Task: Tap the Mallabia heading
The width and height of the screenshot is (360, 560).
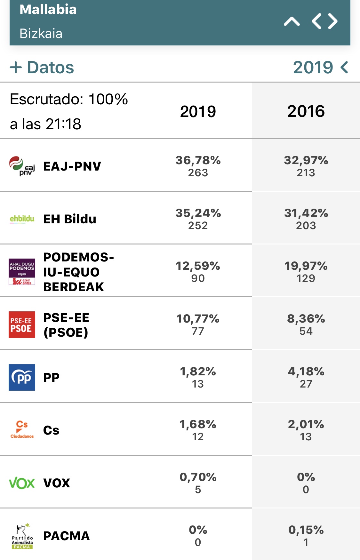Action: click(x=48, y=10)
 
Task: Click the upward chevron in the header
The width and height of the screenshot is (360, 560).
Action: click(x=292, y=22)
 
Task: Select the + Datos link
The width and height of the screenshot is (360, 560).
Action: click(x=42, y=68)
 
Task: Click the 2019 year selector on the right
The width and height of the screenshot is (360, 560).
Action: click(x=320, y=68)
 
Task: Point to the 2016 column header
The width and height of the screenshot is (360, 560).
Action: click(x=306, y=111)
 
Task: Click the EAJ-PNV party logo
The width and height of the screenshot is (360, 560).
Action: click(x=22, y=166)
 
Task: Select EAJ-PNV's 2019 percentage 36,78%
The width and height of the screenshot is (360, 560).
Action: click(x=198, y=160)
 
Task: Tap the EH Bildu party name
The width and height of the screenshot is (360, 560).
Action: click(x=70, y=219)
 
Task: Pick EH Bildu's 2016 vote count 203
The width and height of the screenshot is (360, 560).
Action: click(x=306, y=226)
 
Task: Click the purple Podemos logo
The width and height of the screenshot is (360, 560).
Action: click(x=22, y=272)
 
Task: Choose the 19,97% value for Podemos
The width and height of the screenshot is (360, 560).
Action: click(x=306, y=266)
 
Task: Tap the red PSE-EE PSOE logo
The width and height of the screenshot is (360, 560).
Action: click(x=22, y=324)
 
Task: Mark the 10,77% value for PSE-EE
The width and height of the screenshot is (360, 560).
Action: click(x=198, y=318)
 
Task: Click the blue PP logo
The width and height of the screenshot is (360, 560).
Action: click(x=22, y=377)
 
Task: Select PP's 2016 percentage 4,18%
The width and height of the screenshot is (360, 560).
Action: click(x=306, y=371)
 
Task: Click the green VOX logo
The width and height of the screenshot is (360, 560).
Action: click(x=22, y=483)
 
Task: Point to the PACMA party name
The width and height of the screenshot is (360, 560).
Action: click(x=67, y=536)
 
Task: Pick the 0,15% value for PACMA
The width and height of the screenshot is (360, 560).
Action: click(x=306, y=530)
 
